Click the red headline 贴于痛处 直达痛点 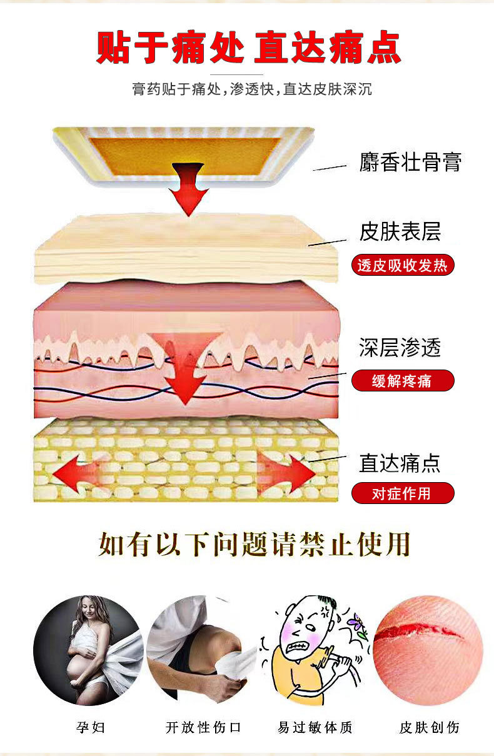click(x=248, y=47)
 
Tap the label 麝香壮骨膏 click(x=410, y=162)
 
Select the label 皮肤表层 click(x=400, y=231)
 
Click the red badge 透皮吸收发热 click(x=403, y=265)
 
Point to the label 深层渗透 click(x=400, y=347)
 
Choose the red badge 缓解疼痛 click(x=403, y=381)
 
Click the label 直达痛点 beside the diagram click(x=400, y=463)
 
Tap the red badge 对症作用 click(x=403, y=493)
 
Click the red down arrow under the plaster click(x=189, y=189)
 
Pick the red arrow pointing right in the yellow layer click(x=287, y=473)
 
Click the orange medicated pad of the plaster click(x=186, y=156)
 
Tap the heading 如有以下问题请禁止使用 click(x=255, y=544)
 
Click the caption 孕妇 click(x=91, y=727)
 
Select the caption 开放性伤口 click(x=203, y=727)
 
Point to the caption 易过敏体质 click(x=315, y=727)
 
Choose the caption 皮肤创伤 click(x=429, y=727)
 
